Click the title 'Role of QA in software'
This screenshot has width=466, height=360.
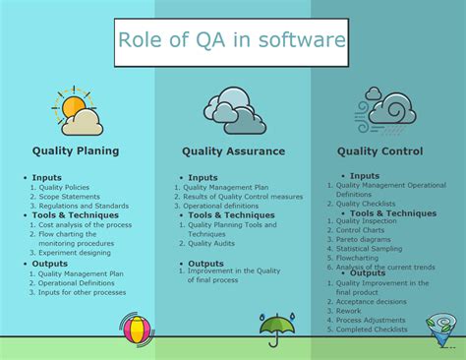click(232, 41)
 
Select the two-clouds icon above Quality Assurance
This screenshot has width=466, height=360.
click(233, 110)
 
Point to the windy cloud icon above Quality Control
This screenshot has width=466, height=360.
click(389, 110)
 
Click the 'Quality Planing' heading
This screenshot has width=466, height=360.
click(76, 151)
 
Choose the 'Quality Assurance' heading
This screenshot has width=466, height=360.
click(233, 151)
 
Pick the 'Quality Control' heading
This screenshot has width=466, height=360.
click(379, 151)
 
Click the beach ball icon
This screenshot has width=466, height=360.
click(137, 330)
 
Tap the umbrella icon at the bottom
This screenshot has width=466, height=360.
click(278, 327)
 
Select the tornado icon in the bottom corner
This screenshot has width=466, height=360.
click(440, 329)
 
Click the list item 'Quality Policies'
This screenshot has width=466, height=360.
click(65, 187)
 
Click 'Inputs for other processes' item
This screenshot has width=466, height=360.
click(85, 292)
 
